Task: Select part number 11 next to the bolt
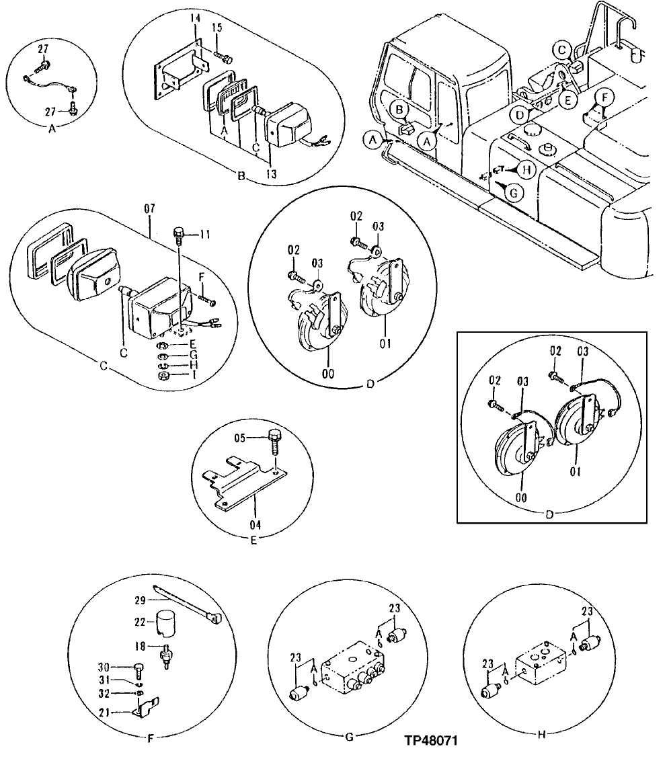204,235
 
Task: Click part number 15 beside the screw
217,28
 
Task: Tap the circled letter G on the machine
513,194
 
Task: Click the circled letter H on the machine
527,171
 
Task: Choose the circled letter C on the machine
562,48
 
